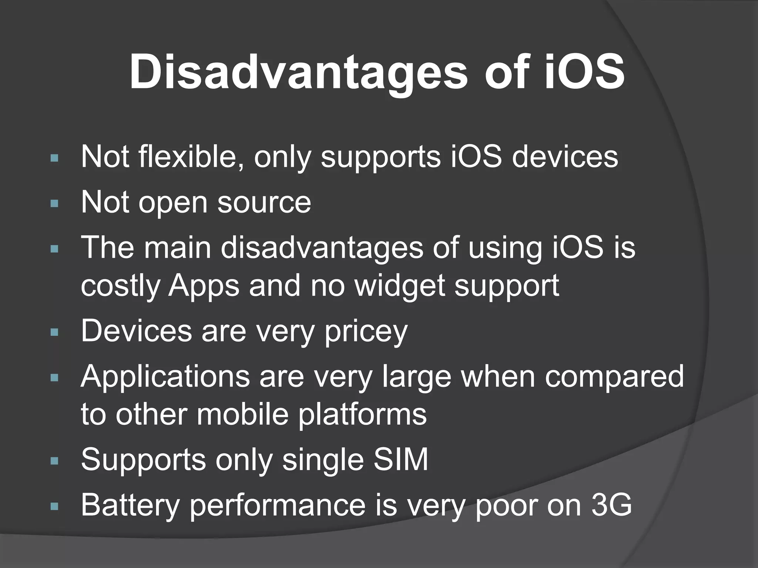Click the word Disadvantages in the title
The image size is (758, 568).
(x=298, y=72)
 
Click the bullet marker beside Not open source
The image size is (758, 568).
(x=54, y=203)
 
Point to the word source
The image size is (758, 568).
(x=264, y=203)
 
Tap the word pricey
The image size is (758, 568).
(x=366, y=331)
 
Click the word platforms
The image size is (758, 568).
(x=362, y=415)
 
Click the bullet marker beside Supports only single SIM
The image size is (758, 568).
(x=54, y=461)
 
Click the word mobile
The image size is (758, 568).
(x=242, y=415)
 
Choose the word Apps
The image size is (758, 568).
(x=204, y=287)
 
